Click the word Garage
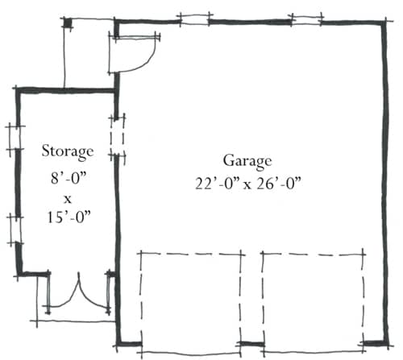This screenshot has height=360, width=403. coord(247,162)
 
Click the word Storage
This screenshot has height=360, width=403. coord(68,151)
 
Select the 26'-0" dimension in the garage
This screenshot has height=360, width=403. coord(278,184)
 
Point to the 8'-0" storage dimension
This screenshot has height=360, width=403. coord(69,177)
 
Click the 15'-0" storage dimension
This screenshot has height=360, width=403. coord(69,217)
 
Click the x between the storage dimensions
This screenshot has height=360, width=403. coord(68,200)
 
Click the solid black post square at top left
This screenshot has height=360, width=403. coord(68,23)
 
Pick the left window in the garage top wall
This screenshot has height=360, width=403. coord(194,19)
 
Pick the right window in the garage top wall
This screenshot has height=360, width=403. coord(306,19)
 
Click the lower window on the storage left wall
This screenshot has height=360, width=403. coord(15,230)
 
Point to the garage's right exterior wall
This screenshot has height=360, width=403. coord(386,183)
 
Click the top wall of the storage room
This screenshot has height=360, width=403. coord(66,90)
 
